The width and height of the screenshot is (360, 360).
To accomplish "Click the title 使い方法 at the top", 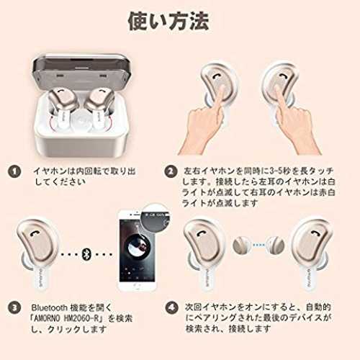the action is coord(168,21).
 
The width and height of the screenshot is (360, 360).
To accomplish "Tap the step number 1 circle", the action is coord(14,171).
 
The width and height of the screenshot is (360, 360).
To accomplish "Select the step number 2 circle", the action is coord(171,171).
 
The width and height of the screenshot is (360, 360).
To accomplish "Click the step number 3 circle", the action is coord(14,307).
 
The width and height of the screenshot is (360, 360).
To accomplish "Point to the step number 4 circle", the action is coord(172,307).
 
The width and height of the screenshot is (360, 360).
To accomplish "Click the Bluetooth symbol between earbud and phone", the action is coord(86,254).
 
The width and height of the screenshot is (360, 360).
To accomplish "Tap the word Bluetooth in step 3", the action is coord(49,307).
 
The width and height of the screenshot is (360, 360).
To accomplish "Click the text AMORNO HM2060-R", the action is coord(66,318).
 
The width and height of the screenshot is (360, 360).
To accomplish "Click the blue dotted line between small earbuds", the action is coord(258,246).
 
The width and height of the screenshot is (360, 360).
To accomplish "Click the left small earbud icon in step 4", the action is coord(241,246).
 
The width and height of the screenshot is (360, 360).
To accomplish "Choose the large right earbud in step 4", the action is coord(312,252).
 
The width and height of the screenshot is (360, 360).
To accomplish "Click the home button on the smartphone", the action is coord(137,286).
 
